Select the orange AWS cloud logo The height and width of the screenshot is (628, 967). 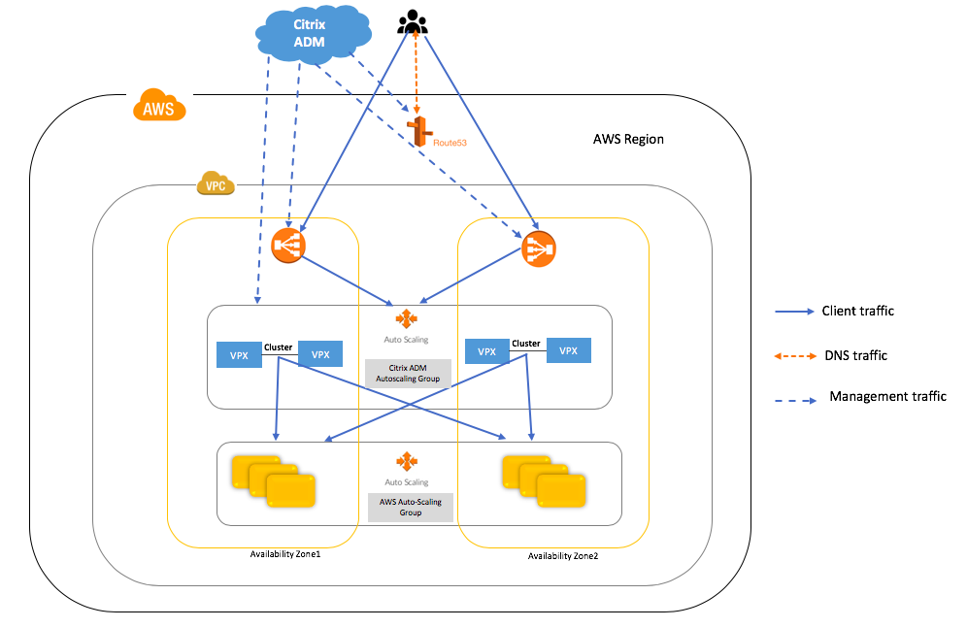[159, 106]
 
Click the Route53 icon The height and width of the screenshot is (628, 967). [418, 133]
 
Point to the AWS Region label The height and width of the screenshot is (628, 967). [628, 139]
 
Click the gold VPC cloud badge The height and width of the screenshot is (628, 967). [216, 182]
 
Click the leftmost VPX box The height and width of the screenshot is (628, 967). [239, 355]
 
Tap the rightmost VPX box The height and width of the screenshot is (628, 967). [569, 350]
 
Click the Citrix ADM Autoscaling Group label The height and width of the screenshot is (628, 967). [408, 374]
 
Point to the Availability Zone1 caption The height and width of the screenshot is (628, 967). [284, 553]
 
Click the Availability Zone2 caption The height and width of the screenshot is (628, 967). [563, 556]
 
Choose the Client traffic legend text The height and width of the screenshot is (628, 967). [857, 312]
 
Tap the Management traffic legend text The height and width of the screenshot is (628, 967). [887, 396]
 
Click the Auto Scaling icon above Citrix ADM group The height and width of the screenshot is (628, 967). [407, 319]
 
